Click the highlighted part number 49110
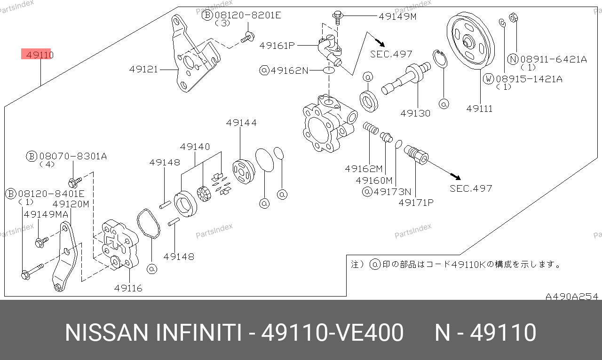pos(40,55)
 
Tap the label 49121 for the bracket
pos(143,69)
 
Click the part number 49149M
pos(397,16)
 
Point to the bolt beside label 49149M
pos(338,17)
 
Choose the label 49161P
pos(277,46)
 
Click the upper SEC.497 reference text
pos(391,54)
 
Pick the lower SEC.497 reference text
pos(471,188)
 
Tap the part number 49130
pos(415,113)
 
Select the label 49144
pos(241,123)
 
